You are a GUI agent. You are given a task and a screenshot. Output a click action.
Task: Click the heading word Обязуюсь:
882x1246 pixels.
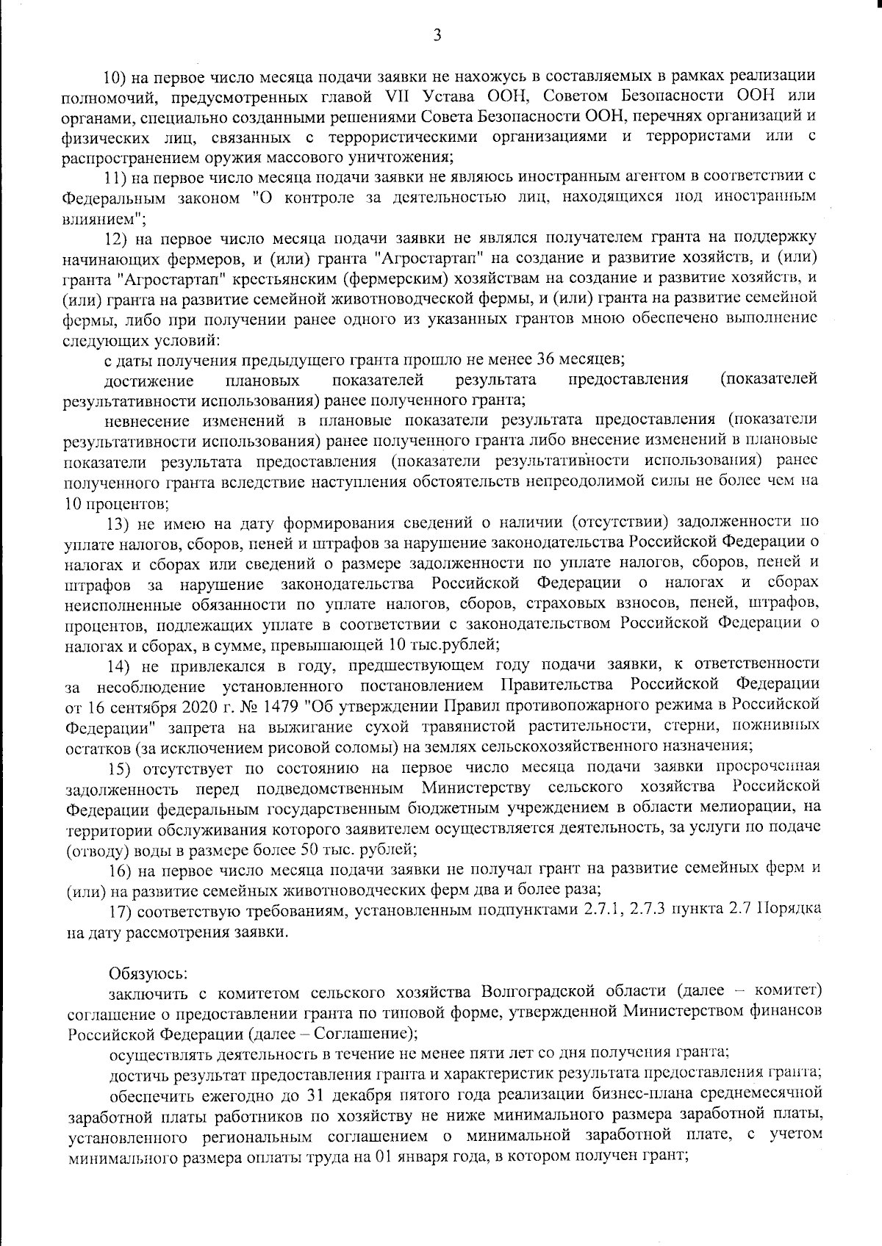pyautogui.click(x=149, y=973)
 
